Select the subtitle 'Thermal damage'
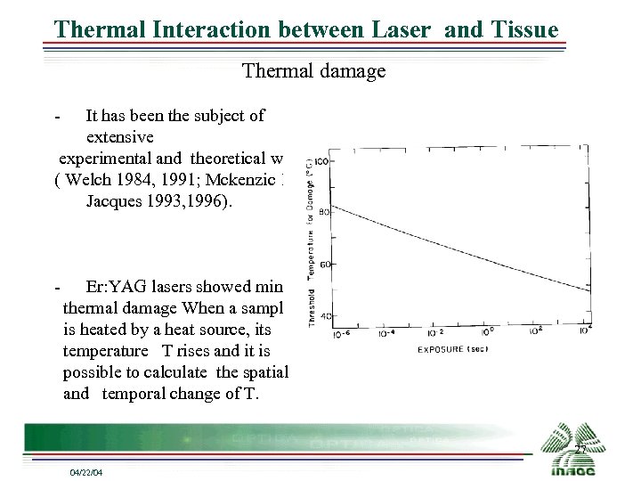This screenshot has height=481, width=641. click(x=314, y=71)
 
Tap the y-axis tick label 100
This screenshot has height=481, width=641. click(x=322, y=160)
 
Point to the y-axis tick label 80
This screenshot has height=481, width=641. click(x=325, y=212)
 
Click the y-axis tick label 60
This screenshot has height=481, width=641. click(x=325, y=265)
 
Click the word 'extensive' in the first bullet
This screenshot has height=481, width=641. click(x=120, y=137)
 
